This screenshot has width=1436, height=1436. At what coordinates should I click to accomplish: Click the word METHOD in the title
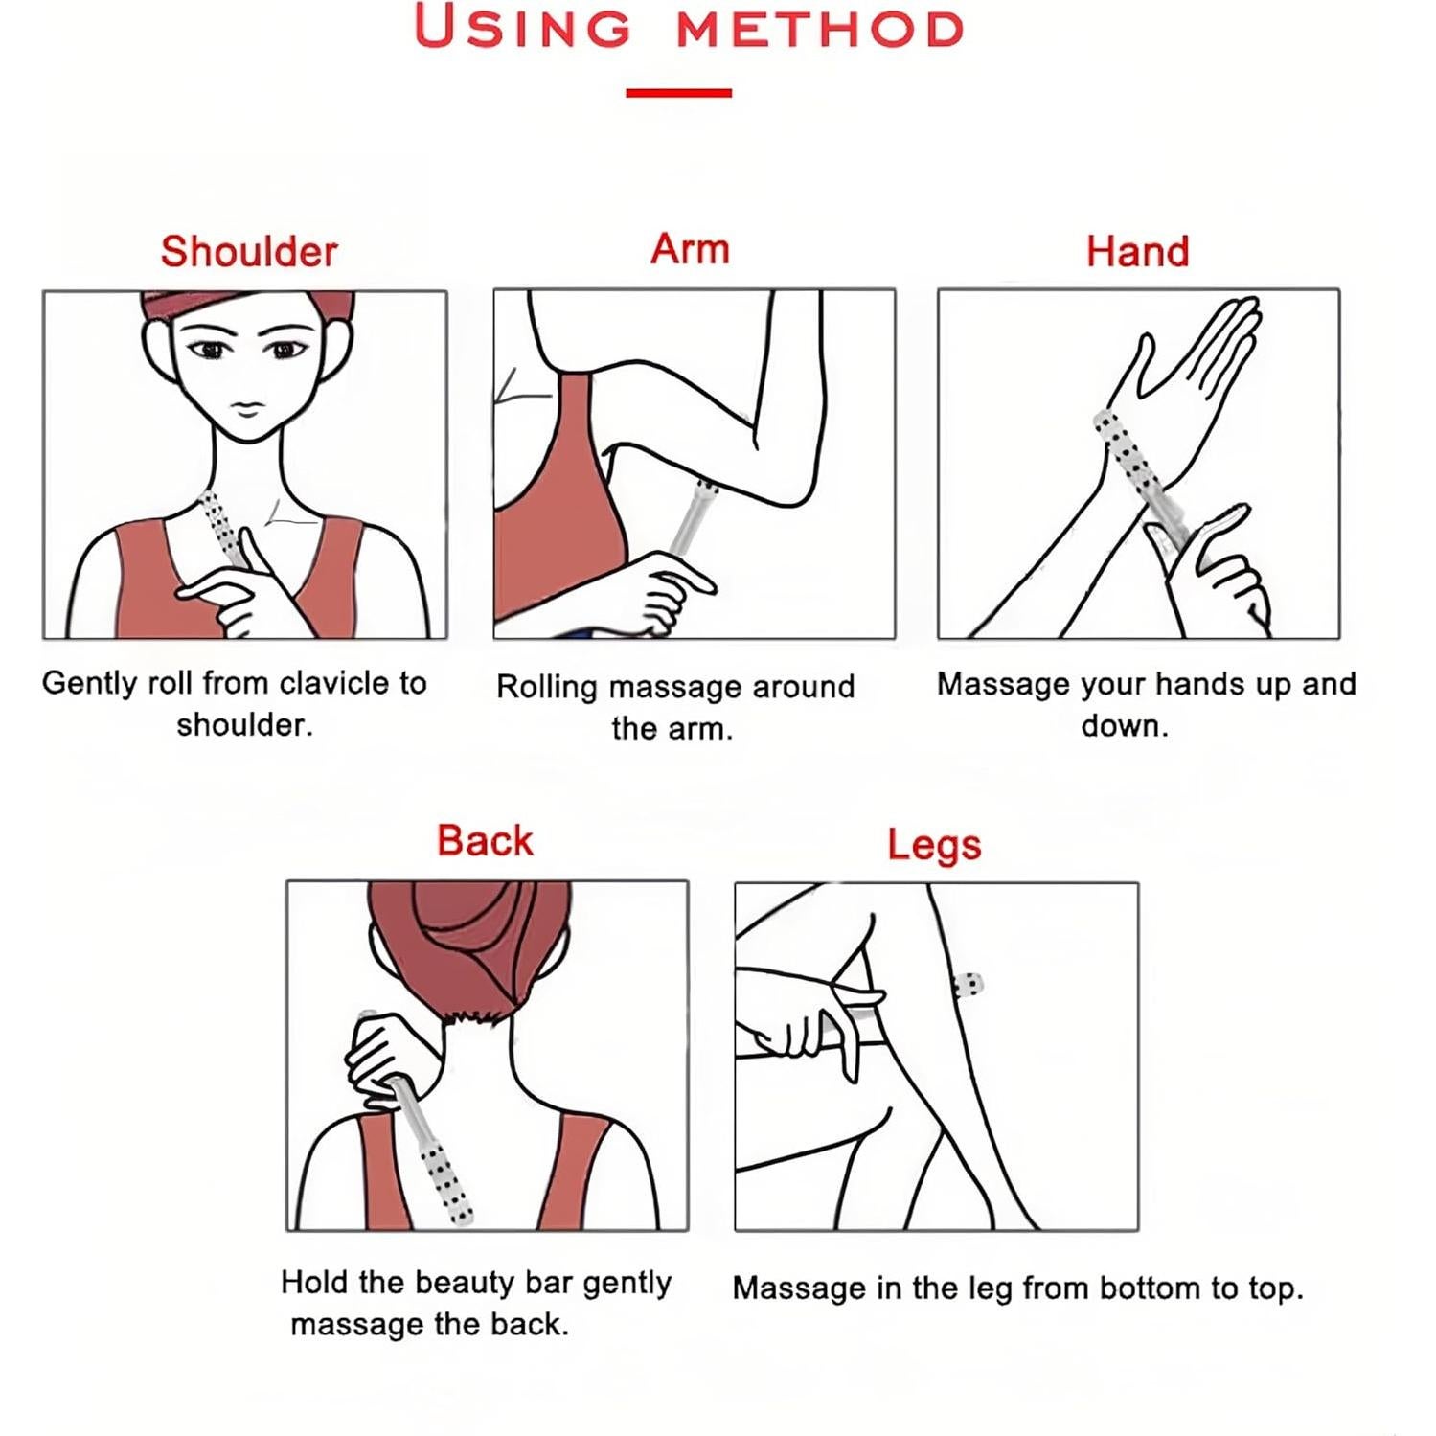[820, 30]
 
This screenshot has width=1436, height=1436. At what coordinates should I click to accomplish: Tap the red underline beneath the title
[678, 93]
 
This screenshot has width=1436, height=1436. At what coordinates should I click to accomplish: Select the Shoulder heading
[249, 251]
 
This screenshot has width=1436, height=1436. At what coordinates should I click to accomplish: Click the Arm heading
[690, 248]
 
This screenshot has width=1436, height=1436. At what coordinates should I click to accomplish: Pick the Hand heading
[1137, 251]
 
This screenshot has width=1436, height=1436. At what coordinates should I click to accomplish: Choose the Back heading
[485, 840]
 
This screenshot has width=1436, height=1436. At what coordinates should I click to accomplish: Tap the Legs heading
[934, 845]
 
